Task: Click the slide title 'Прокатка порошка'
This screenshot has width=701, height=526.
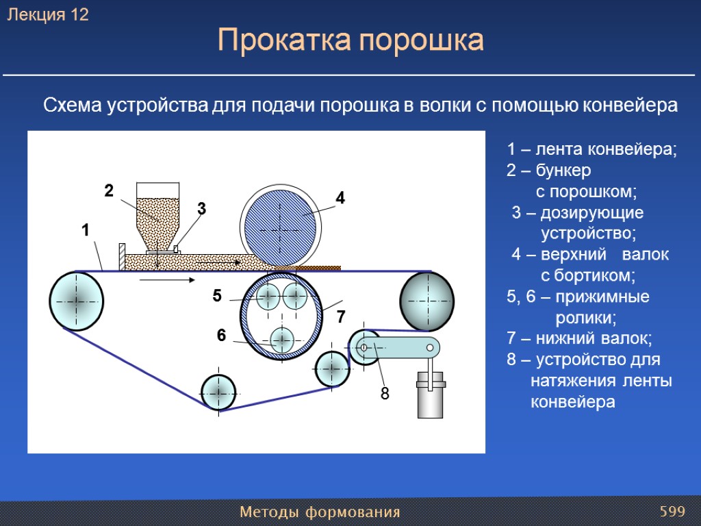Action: [350, 41]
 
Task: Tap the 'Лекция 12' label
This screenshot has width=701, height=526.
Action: [48, 15]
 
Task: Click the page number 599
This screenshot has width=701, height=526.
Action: [672, 512]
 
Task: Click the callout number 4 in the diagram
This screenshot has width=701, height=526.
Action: [340, 199]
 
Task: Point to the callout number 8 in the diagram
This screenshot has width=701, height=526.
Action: [385, 394]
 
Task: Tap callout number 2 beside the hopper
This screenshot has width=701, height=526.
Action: [108, 191]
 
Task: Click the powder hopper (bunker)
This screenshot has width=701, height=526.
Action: [158, 212]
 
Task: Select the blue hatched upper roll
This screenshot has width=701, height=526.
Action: [281, 216]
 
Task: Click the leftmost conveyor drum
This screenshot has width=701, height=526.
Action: [77, 301]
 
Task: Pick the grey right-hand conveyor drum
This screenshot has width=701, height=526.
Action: [426, 301]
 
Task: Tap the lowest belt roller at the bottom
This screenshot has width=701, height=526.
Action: [218, 392]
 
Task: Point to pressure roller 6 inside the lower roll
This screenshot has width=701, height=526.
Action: [281, 340]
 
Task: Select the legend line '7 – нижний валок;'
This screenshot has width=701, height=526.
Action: [580, 338]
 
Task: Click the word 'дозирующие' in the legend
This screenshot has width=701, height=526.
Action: [591, 212]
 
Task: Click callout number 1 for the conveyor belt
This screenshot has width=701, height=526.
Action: [86, 231]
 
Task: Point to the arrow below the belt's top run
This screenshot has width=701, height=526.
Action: [166, 280]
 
